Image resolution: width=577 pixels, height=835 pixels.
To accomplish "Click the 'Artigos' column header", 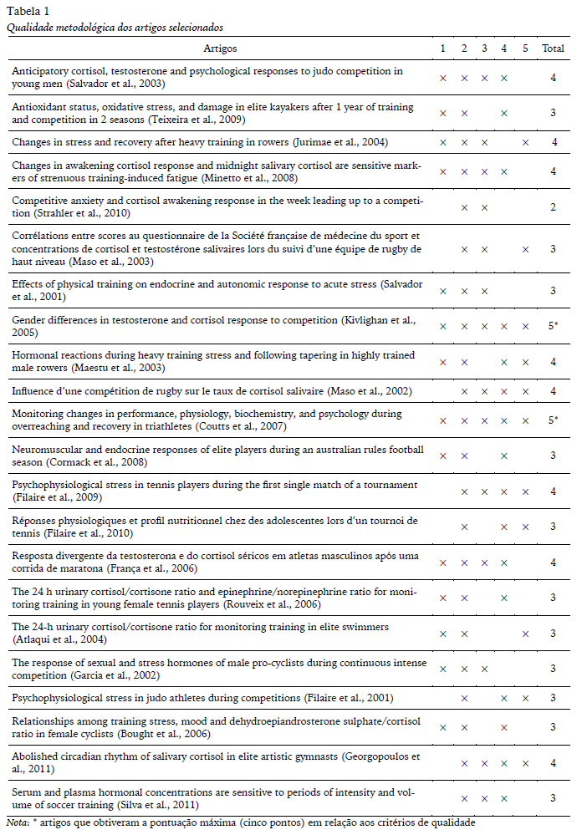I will pos(219,49).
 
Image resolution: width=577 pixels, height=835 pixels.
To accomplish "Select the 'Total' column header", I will pos(553,49).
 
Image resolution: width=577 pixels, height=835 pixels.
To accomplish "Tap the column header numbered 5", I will pos(525,49).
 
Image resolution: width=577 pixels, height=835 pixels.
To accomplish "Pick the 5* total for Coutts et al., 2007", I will pos(553,420).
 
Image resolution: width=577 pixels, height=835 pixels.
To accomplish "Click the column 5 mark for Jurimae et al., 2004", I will pos(525,143).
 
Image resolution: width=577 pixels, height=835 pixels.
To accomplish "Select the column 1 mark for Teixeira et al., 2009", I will pos(443,112).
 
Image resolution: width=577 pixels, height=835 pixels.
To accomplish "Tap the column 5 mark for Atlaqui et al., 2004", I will pos(525,634).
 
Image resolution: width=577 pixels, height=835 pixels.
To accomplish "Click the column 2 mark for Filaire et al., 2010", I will pos(464,527).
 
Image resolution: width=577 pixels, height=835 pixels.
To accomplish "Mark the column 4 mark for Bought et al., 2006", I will pos(504,727).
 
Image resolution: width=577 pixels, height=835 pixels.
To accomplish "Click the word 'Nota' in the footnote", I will pos(16,822).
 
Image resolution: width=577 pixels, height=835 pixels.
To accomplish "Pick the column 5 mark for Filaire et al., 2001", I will pos(525,697).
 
